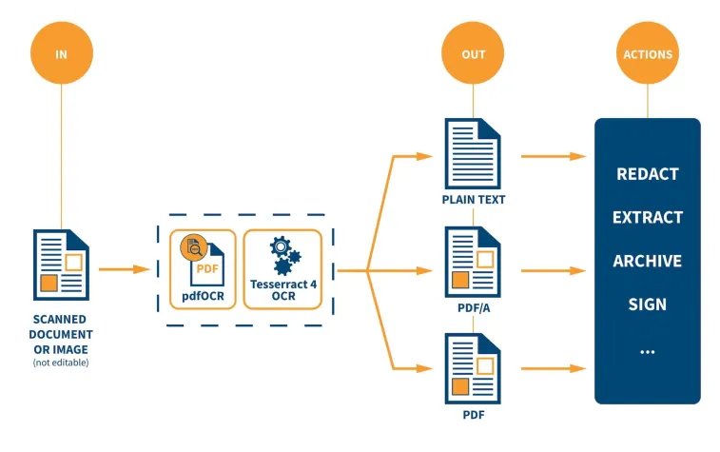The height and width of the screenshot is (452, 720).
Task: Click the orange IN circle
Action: click(62, 53)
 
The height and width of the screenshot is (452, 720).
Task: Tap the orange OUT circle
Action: click(473, 53)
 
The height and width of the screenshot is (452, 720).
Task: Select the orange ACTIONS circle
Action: click(648, 53)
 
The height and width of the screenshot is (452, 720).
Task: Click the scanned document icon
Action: click(62, 265)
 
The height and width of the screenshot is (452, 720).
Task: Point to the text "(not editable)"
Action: click(62, 363)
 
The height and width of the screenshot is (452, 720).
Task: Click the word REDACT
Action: click(648, 174)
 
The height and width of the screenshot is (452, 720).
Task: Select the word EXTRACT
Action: click(648, 218)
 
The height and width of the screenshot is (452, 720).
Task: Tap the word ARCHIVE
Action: click(648, 262)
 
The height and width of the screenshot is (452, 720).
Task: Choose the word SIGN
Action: click(648, 305)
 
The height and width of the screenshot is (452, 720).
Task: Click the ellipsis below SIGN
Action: click(648, 351)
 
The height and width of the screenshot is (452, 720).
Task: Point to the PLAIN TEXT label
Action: click(473, 201)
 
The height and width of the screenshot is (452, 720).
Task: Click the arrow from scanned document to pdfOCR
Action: click(124, 270)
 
